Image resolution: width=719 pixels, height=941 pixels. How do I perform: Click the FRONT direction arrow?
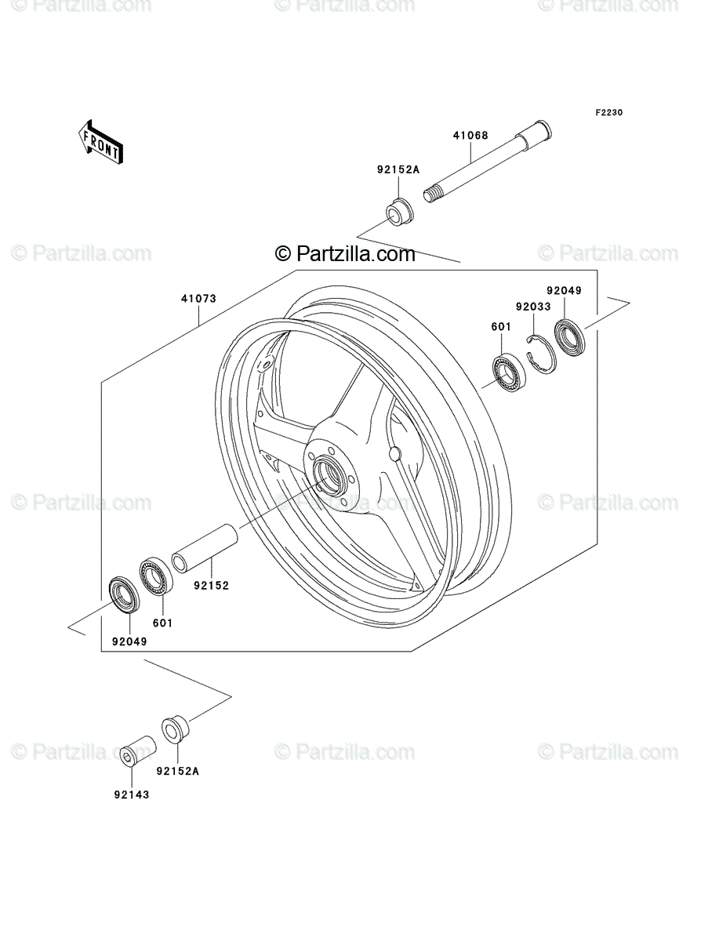pyautogui.click(x=100, y=141)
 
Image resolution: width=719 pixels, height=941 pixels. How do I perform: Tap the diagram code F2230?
pyautogui.click(x=609, y=113)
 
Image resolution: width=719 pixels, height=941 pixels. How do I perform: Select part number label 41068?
pyautogui.click(x=470, y=136)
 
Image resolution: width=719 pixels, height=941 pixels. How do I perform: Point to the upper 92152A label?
pyautogui.click(x=398, y=169)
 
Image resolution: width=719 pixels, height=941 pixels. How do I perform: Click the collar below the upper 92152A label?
pyautogui.click(x=400, y=215)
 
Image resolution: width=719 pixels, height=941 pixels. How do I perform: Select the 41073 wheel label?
pyautogui.click(x=199, y=299)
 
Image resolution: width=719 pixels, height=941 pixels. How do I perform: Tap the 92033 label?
pyautogui.click(x=533, y=307)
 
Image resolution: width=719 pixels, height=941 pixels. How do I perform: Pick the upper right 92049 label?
pyautogui.click(x=565, y=291)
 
